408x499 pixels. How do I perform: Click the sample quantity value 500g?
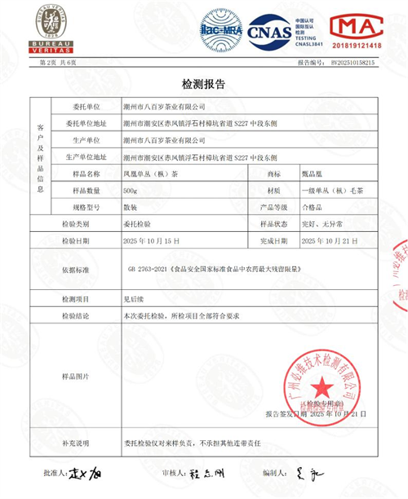[131, 189]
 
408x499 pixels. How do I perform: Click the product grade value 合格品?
[313, 207]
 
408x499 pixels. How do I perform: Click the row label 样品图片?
[77, 376]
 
